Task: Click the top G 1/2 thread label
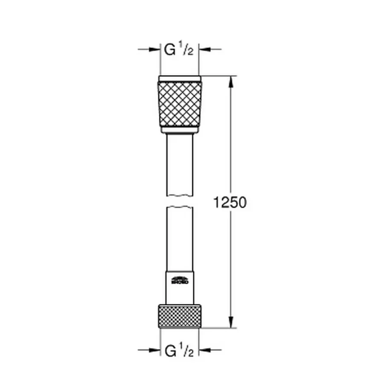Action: [180, 50]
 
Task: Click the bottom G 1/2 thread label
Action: [180, 352]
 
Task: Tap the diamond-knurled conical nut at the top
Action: [180, 104]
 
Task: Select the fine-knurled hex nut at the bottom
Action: [180, 316]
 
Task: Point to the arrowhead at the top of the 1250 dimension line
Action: [231, 81]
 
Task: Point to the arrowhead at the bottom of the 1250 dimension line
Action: [231, 323]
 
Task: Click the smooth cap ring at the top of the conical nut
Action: [180, 79]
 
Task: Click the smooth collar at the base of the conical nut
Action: [180, 130]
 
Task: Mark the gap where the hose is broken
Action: [180, 202]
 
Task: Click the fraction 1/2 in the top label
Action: [188, 50]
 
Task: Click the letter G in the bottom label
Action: [170, 352]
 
